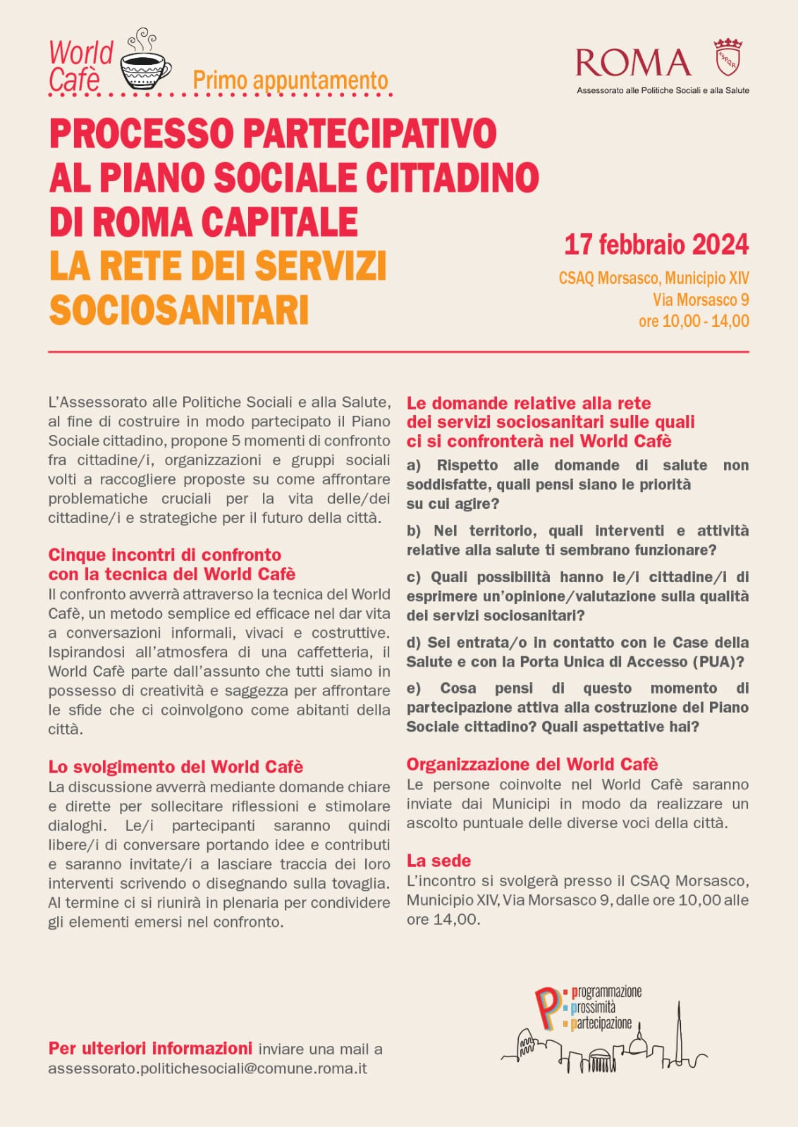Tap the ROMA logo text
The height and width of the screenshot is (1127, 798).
(633, 63)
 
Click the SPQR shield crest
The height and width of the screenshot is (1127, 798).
(728, 58)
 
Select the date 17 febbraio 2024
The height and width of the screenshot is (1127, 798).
(656, 245)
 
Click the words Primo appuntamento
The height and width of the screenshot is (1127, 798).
(290, 80)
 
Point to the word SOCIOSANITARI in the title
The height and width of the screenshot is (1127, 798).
(179, 310)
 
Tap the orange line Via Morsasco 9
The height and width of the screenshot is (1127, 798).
(700, 300)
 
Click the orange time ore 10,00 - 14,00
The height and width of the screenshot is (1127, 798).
(694, 321)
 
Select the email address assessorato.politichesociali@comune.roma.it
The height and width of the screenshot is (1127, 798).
(207, 1069)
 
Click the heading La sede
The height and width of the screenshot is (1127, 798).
(438, 861)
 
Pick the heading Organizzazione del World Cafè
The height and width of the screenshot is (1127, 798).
(532, 765)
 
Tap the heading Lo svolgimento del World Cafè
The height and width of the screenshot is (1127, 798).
(176, 767)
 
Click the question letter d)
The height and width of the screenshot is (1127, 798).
(413, 643)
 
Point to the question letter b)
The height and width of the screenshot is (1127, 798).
(413, 531)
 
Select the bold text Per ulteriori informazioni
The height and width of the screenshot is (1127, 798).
(150, 1048)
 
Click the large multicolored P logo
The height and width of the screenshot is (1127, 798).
(548, 1009)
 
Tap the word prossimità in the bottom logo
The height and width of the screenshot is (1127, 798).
(593, 1008)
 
